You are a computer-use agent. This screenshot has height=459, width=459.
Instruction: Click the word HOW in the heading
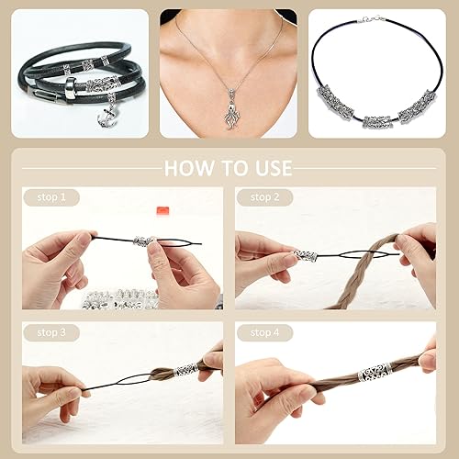tap(189, 168)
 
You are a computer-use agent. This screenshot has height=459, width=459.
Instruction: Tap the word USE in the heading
tap(270, 168)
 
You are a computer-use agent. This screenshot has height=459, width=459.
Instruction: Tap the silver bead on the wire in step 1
tap(143, 241)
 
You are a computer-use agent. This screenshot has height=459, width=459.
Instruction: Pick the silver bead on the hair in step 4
tap(375, 373)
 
